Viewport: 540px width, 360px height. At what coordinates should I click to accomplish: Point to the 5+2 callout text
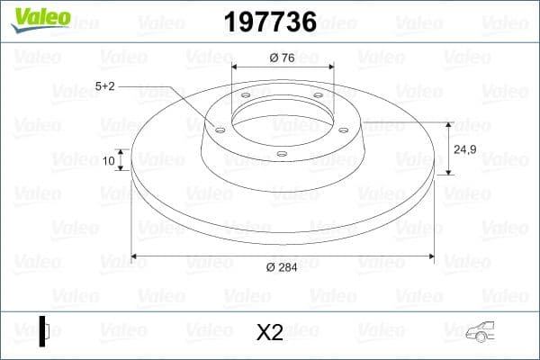(105, 85)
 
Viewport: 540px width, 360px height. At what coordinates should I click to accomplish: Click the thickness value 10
(109, 161)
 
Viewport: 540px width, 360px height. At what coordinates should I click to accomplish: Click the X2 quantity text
(269, 332)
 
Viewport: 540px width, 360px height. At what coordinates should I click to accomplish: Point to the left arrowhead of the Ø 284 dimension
(135, 256)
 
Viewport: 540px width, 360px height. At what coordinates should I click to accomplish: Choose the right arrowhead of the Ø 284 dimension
(431, 256)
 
